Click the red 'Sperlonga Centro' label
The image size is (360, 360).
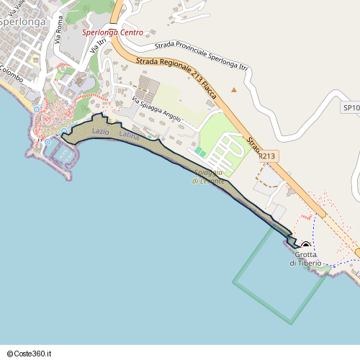[x=112, y=32]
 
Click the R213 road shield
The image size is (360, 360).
[x=266, y=155]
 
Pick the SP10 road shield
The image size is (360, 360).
[x=351, y=107]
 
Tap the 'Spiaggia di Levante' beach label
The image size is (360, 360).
[x=209, y=176]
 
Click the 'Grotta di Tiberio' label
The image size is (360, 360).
[x=306, y=258]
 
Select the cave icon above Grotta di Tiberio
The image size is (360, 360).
[x=305, y=245]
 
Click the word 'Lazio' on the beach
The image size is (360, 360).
[x=100, y=132]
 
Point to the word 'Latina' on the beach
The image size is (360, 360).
[x=130, y=135]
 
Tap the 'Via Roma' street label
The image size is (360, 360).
[x=59, y=34]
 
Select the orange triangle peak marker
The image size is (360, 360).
[x=233, y=90]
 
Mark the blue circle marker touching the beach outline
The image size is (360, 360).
[x=64, y=131]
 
